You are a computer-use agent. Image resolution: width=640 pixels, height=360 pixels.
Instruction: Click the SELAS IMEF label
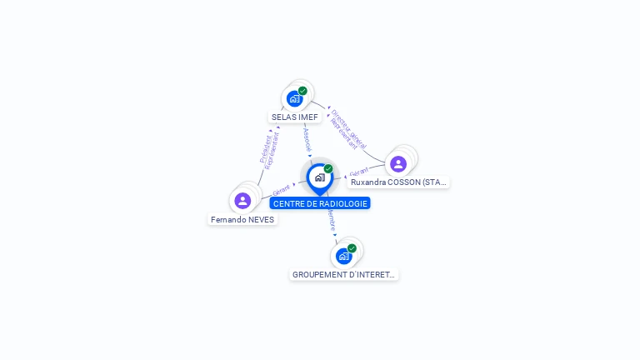(x=295, y=117)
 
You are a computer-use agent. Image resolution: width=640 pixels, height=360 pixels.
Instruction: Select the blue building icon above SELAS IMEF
(x=294, y=99)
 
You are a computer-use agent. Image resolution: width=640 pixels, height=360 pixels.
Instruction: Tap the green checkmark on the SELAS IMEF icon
(x=302, y=91)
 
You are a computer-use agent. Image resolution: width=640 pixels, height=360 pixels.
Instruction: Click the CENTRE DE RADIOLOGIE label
(x=320, y=203)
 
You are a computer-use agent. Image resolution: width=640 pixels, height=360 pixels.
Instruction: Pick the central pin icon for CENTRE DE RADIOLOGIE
(x=319, y=177)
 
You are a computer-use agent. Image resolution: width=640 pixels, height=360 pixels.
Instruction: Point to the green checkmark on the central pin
(x=328, y=168)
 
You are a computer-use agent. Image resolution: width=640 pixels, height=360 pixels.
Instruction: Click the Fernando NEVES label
(x=242, y=220)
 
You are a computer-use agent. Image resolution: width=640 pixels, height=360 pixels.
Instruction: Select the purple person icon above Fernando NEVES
(x=242, y=200)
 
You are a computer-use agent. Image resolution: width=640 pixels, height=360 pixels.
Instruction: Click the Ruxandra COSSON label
(x=398, y=182)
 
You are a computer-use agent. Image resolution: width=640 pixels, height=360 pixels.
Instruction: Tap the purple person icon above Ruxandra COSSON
(x=398, y=163)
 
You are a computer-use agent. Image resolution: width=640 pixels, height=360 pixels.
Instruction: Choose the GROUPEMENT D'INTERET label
(x=344, y=274)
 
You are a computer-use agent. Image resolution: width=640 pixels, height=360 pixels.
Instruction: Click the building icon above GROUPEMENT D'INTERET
(x=343, y=256)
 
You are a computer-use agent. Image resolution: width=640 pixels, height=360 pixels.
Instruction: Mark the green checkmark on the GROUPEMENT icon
(x=352, y=248)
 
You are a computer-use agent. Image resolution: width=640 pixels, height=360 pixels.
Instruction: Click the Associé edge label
(x=307, y=138)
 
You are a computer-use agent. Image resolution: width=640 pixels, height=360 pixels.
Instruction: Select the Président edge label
(x=266, y=147)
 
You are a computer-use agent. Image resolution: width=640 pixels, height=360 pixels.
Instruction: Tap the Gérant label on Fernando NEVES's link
(x=282, y=190)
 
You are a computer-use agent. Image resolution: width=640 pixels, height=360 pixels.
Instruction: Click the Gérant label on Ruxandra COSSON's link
(x=359, y=172)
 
